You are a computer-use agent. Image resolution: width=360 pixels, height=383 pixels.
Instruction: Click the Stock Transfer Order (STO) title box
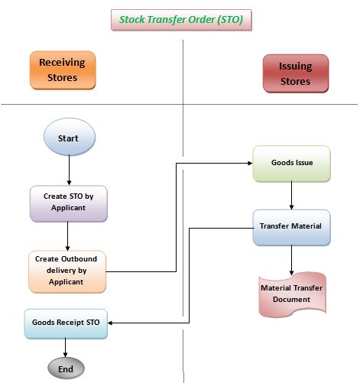click(x=181, y=19)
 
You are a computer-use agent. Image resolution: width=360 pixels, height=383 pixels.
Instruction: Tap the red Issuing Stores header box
click(x=294, y=74)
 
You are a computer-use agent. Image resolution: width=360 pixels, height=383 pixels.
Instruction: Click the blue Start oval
click(x=69, y=138)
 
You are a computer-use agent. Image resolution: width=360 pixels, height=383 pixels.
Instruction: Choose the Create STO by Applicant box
click(x=69, y=203)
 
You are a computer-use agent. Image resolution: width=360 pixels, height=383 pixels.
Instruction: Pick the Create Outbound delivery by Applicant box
click(x=67, y=271)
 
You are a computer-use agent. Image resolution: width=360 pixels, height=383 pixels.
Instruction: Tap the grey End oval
click(x=66, y=368)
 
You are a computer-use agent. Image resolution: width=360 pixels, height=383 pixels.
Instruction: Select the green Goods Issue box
click(x=291, y=164)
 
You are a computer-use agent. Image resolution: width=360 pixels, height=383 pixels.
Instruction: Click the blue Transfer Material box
click(x=291, y=226)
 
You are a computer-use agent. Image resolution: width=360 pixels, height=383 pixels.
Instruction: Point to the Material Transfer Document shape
click(x=291, y=294)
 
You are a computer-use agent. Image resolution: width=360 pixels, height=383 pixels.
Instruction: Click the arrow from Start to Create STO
click(x=69, y=170)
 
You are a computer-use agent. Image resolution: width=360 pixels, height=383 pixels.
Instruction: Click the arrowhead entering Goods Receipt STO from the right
click(x=112, y=323)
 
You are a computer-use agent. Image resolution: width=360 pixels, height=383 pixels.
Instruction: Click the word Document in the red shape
click(x=291, y=300)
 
